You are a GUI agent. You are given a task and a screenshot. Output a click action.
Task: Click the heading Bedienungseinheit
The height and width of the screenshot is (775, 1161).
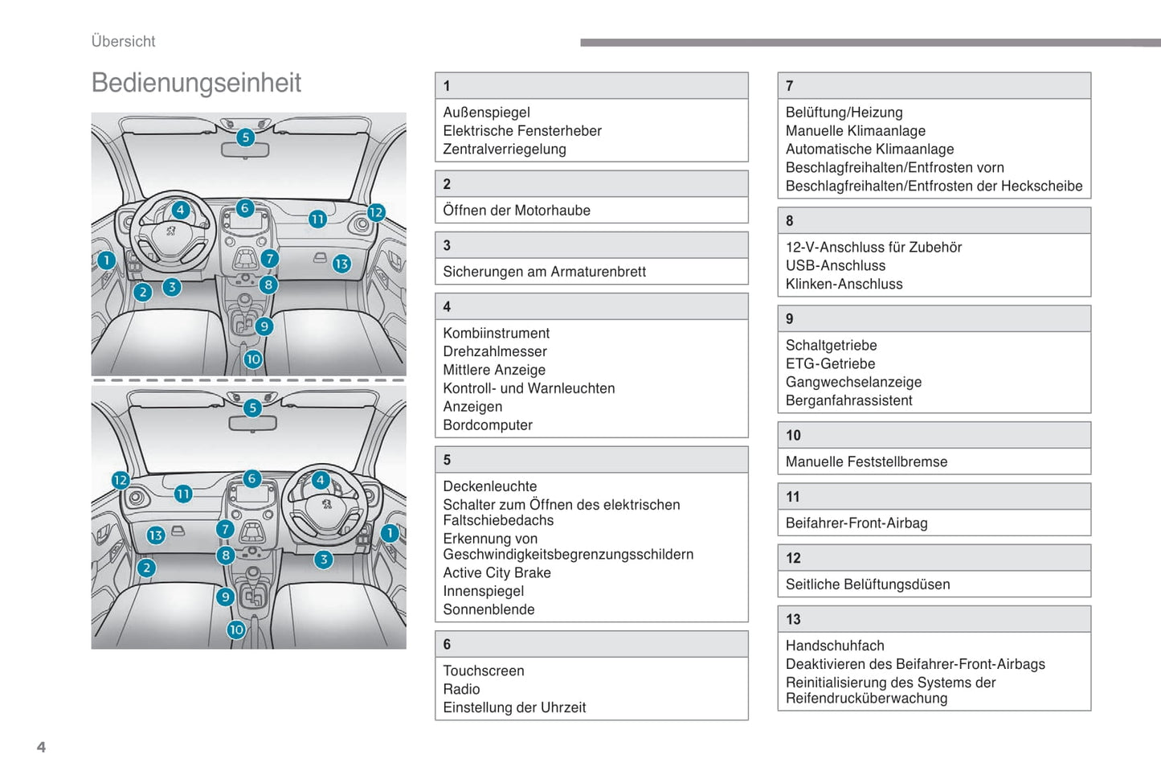[x=196, y=83]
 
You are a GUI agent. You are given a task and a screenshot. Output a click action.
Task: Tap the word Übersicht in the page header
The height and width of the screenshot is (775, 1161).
[x=123, y=41]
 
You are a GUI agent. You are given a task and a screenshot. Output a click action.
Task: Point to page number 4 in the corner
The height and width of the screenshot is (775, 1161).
[x=41, y=747]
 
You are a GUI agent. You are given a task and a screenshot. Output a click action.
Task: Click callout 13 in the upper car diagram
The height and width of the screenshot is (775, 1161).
[x=341, y=263]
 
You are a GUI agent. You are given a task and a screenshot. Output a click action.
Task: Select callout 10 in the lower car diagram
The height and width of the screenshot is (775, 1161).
[x=235, y=629]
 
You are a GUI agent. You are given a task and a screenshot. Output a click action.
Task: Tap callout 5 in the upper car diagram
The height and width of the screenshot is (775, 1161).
[x=246, y=137]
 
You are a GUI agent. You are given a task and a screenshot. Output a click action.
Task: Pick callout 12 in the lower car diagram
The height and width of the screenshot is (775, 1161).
[x=121, y=480]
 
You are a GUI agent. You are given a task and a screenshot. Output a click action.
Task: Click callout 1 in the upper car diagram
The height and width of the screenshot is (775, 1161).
[x=106, y=260]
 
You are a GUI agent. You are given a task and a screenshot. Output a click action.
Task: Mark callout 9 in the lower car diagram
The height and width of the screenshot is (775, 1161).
[x=225, y=597]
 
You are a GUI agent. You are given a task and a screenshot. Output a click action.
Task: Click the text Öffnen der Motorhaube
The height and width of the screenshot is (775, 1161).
[x=517, y=211]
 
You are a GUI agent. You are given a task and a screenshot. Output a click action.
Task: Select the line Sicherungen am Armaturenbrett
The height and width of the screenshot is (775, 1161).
[x=544, y=272]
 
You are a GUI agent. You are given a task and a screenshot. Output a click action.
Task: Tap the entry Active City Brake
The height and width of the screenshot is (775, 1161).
[x=497, y=572]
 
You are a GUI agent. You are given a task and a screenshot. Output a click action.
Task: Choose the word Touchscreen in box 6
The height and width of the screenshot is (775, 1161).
[x=483, y=670]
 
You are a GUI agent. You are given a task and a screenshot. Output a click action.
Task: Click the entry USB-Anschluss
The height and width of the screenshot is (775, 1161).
[x=835, y=265]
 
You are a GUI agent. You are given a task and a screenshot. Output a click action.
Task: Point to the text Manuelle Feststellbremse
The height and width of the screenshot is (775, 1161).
[x=866, y=461]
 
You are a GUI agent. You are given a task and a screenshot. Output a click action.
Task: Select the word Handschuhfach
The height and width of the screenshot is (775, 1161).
[x=834, y=646]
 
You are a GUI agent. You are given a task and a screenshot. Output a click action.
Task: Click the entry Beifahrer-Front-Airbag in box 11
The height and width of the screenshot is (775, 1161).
[x=856, y=523]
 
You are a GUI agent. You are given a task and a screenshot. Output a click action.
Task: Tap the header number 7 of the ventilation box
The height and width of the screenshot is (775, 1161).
[x=789, y=86]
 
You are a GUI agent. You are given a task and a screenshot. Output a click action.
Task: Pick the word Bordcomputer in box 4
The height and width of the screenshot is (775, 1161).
[x=487, y=425]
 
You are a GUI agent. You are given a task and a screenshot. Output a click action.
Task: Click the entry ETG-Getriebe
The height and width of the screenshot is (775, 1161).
[x=830, y=363]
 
